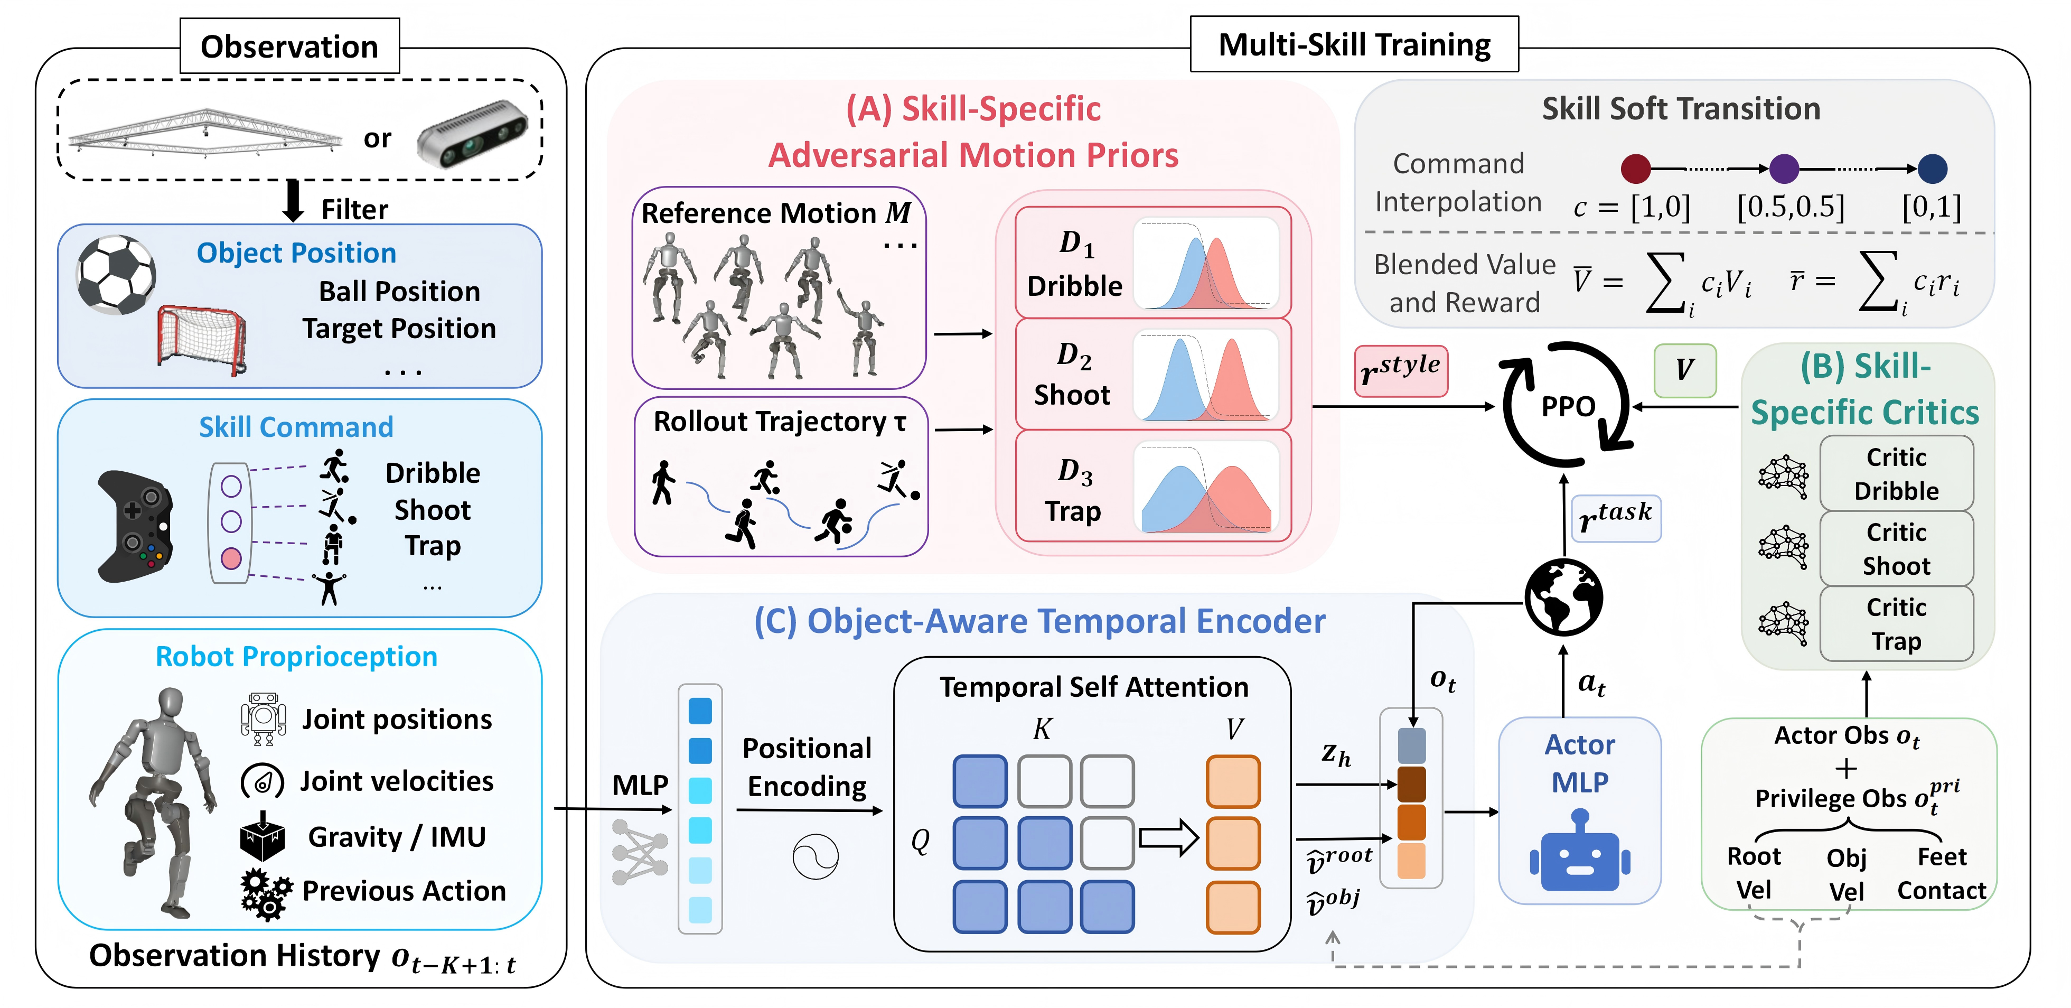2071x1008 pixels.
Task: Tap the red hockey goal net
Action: click(x=201, y=340)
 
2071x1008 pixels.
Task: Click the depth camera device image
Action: click(x=472, y=134)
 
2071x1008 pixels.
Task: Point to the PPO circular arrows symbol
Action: click(x=1566, y=404)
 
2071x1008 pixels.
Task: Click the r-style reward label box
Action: click(x=1401, y=370)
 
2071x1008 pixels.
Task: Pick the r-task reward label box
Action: click(x=1615, y=518)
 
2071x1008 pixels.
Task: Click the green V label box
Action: click(x=1684, y=370)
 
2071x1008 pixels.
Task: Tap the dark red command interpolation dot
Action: click(x=1635, y=169)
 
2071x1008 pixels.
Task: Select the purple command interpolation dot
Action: click(x=1784, y=169)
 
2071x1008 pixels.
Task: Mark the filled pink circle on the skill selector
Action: click(x=231, y=558)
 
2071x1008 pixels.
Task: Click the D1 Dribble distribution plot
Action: click(x=1206, y=264)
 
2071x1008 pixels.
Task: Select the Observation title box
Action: click(x=289, y=46)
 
